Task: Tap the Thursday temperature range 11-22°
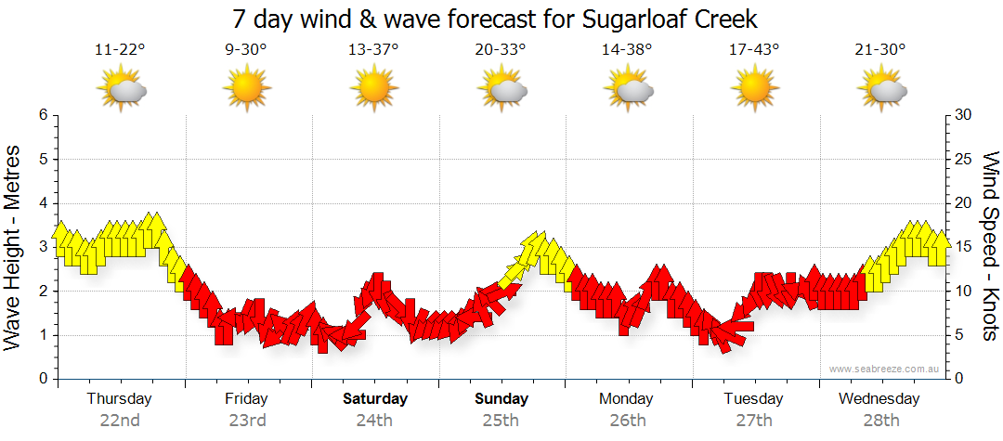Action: (x=120, y=49)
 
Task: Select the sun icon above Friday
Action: (x=247, y=89)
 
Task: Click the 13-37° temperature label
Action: (x=373, y=49)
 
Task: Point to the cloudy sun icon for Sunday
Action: (x=501, y=89)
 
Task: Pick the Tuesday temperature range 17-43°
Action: (x=754, y=49)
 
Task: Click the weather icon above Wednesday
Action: (x=880, y=89)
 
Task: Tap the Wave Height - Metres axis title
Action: (x=14, y=247)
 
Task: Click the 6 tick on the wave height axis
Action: (x=42, y=115)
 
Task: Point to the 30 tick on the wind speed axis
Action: (x=962, y=115)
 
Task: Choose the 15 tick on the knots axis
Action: (x=962, y=247)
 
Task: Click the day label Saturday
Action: (x=375, y=399)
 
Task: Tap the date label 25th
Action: (x=501, y=420)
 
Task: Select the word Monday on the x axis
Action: (x=626, y=399)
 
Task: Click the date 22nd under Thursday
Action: (x=120, y=420)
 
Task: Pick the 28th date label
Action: (x=879, y=420)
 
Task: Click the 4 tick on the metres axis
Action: (x=42, y=203)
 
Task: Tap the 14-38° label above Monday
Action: (x=627, y=49)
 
